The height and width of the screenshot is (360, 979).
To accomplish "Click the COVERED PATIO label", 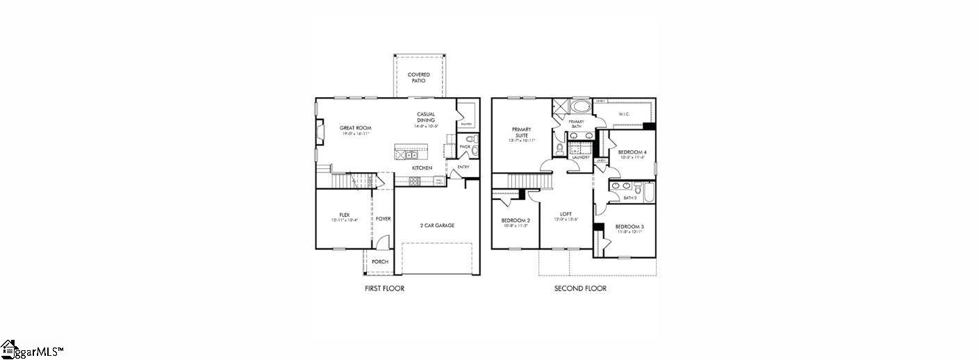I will (418, 77).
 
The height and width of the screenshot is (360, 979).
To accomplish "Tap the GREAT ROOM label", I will (355, 128).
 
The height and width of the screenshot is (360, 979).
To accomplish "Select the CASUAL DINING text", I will (426, 117).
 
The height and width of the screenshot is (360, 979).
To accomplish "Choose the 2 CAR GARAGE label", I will (437, 225).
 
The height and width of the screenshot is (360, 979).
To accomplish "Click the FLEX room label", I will (344, 215).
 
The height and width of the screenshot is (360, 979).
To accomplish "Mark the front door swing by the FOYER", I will (383, 242).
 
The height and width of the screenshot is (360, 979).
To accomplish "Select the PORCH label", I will (379, 262).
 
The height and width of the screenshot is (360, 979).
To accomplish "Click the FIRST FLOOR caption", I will (384, 288).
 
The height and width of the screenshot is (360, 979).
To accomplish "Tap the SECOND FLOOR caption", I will (579, 288).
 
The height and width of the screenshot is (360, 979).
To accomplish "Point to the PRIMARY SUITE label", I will (521, 132).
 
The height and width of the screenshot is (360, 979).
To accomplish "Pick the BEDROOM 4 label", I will (632, 152).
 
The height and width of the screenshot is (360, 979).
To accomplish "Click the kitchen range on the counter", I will (415, 181).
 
